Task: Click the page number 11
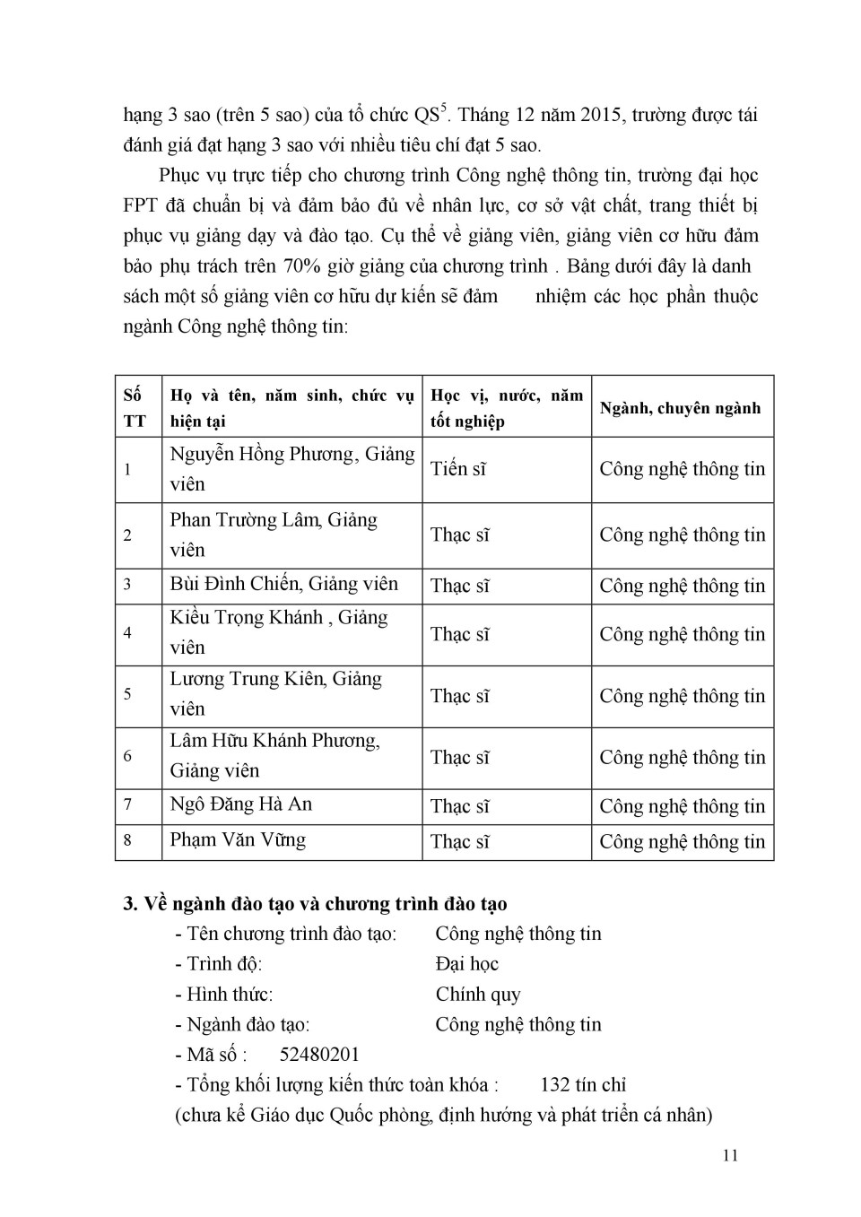[x=730, y=1155]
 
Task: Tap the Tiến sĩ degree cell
[x=458, y=469]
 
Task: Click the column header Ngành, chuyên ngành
[x=680, y=408]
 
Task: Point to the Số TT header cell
[x=135, y=408]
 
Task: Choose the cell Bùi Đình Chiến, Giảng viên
[x=283, y=585]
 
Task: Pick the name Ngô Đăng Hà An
[x=241, y=804]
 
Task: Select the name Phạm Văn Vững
[x=238, y=840]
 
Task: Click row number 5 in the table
[x=127, y=694]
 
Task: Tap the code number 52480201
[x=319, y=1055]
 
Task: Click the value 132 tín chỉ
[x=583, y=1085]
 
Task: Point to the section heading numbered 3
[x=315, y=903]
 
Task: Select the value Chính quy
[x=478, y=995]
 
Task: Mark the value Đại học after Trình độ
[x=466, y=964]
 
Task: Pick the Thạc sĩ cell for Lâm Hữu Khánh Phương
[x=460, y=758]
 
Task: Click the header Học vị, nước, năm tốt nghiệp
[x=507, y=408]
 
